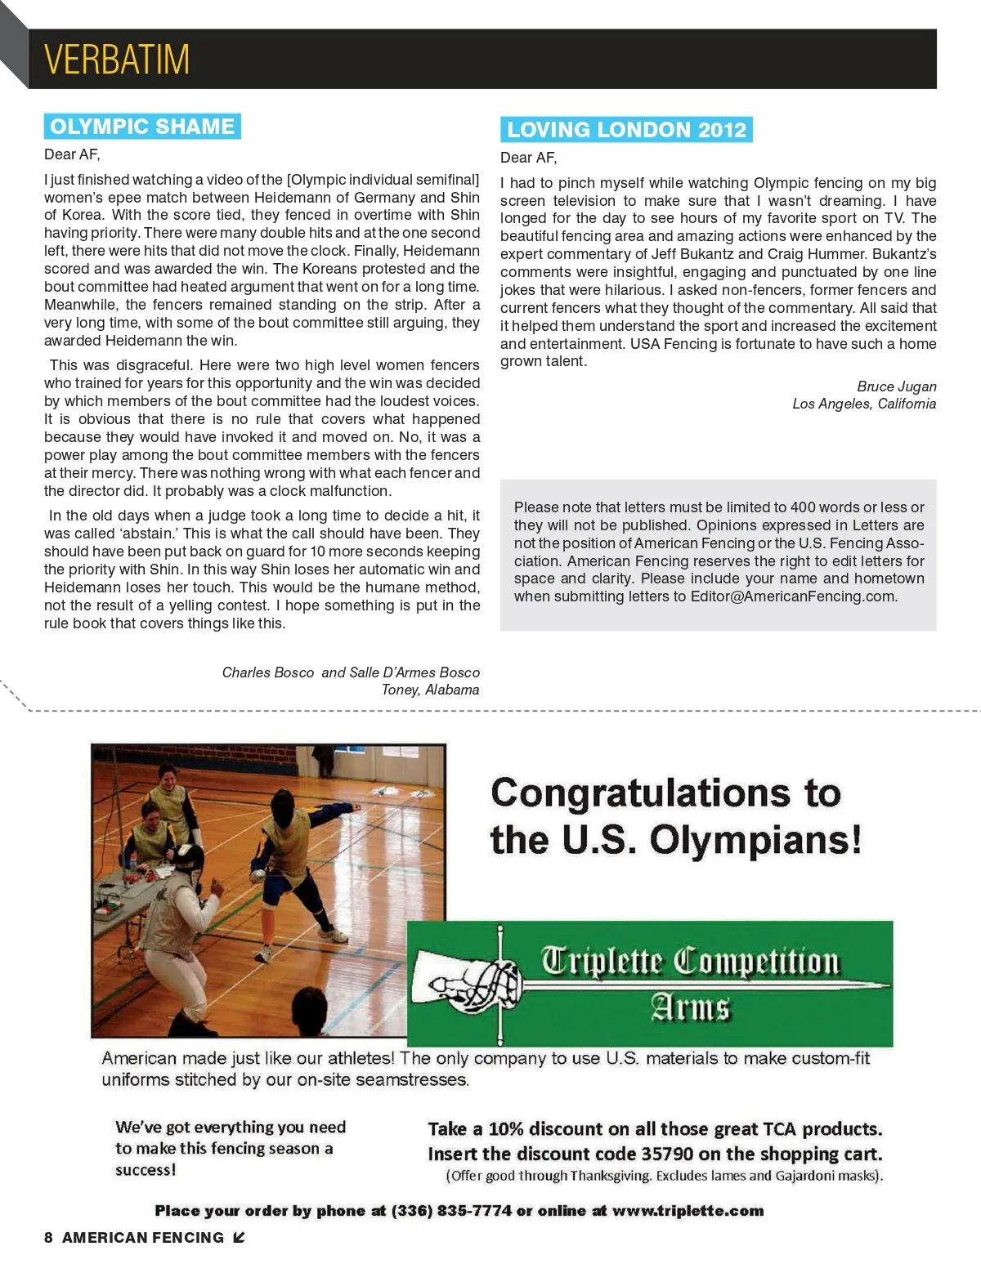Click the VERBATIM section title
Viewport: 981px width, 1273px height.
click(x=117, y=59)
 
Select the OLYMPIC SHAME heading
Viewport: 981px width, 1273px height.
click(x=142, y=127)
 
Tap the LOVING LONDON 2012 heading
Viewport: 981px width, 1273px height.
click(x=626, y=130)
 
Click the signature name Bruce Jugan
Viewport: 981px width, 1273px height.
click(x=896, y=386)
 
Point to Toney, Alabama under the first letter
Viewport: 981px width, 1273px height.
click(x=430, y=690)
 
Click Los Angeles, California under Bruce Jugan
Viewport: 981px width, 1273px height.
click(x=864, y=404)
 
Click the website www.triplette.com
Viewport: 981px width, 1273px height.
click(x=688, y=1211)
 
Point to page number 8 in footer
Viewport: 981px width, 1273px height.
click(x=48, y=1238)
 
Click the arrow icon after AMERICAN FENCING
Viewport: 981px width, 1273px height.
click(x=239, y=1238)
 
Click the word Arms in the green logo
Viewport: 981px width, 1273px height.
click(x=690, y=1007)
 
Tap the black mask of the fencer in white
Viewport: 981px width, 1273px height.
click(x=187, y=862)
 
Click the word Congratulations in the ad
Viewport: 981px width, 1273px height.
click(x=640, y=793)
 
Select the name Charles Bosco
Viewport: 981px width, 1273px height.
click(x=268, y=672)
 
